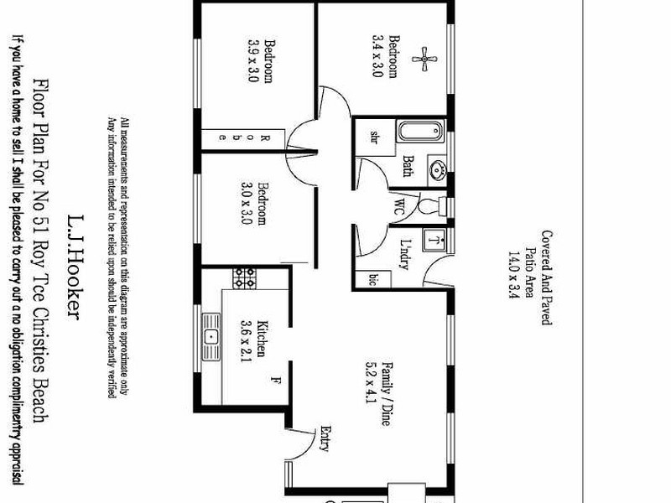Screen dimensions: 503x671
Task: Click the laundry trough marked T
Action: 434,241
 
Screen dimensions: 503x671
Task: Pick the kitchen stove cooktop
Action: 244,278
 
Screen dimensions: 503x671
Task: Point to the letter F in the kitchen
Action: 273,382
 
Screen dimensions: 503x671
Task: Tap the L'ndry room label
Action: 403,251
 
